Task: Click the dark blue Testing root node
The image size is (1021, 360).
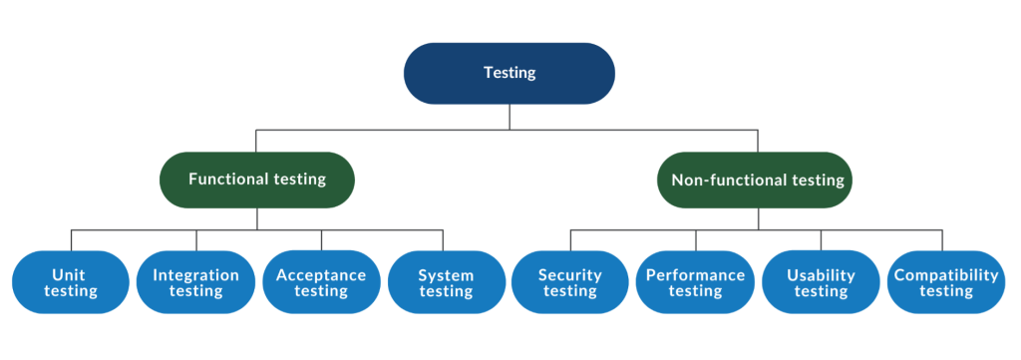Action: pyautogui.click(x=510, y=73)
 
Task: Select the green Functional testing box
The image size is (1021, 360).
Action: pyautogui.click(x=257, y=180)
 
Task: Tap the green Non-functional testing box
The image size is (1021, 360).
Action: pyautogui.click(x=758, y=180)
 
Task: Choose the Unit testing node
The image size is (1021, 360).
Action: pyautogui.click(x=71, y=283)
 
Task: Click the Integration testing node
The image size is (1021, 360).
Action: pyautogui.click(x=195, y=283)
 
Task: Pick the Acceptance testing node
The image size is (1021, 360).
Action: pyautogui.click(x=321, y=283)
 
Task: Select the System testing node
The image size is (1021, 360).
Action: pyautogui.click(x=446, y=283)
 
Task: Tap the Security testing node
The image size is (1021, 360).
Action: pyautogui.click(x=570, y=283)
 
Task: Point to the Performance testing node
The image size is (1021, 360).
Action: pyautogui.click(x=695, y=283)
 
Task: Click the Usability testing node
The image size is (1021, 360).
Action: pyautogui.click(x=821, y=283)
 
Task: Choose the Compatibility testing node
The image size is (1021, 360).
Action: pyautogui.click(x=945, y=283)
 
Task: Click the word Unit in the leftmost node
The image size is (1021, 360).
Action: pyautogui.click(x=71, y=275)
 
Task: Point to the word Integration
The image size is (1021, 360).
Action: pyautogui.click(x=195, y=275)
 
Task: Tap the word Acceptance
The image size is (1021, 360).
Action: pyautogui.click(x=321, y=275)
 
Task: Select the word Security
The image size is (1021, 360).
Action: pyautogui.click(x=570, y=275)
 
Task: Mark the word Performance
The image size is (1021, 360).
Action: pyautogui.click(x=695, y=275)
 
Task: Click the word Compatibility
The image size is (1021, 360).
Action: pyautogui.click(x=945, y=275)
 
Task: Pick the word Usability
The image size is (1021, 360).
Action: pyautogui.click(x=821, y=275)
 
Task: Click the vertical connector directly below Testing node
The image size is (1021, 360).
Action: pyautogui.click(x=510, y=117)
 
